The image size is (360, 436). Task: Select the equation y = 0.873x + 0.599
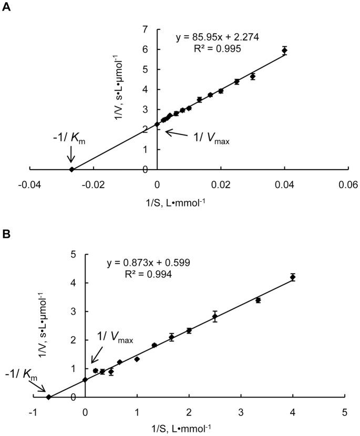(x=148, y=263)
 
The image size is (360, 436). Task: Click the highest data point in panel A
(x=284, y=50)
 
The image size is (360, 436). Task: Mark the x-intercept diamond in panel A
(x=72, y=169)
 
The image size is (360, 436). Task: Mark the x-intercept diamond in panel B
(x=48, y=397)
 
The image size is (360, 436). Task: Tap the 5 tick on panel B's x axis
(x=344, y=413)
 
